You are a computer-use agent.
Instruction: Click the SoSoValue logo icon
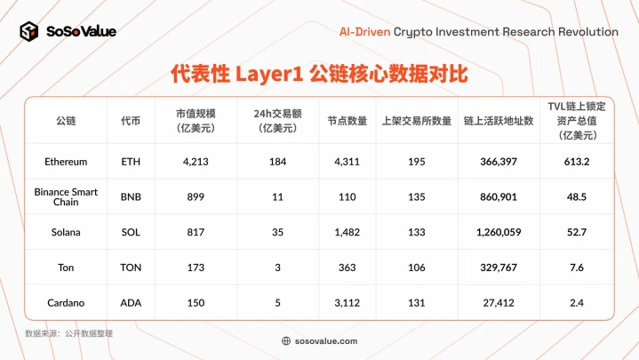(x=29, y=32)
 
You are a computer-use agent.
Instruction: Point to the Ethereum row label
(x=66, y=162)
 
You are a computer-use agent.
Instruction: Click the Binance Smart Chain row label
(x=66, y=196)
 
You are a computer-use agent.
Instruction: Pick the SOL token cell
(x=131, y=232)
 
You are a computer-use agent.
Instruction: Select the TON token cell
(x=131, y=267)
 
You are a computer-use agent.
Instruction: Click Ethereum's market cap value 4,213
(x=195, y=162)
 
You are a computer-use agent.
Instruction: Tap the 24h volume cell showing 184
(x=276, y=162)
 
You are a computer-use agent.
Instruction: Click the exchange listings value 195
(x=416, y=162)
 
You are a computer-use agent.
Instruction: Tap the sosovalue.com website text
(x=326, y=340)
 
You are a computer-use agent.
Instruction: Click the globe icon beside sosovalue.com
(x=285, y=340)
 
